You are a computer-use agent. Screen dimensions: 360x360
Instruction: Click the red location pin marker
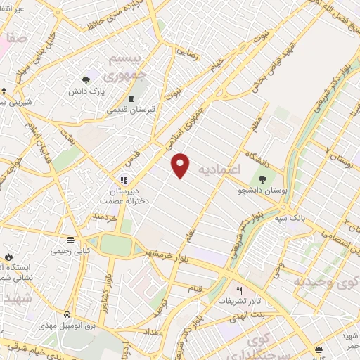[181, 165]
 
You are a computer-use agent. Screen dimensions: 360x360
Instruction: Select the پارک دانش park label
[85, 92]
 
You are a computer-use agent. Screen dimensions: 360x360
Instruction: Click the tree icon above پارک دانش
[86, 81]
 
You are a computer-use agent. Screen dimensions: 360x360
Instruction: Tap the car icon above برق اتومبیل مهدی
[65, 314]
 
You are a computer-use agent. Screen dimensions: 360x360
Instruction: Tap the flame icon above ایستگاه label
[9, 257]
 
